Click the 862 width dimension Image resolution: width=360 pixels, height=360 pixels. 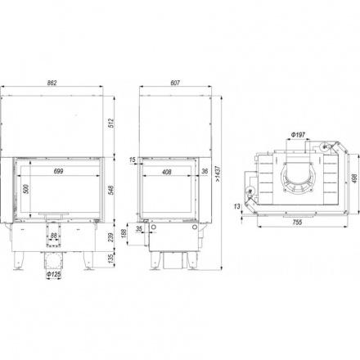pos(52,83)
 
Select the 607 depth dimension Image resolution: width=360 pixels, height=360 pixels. pos(175,83)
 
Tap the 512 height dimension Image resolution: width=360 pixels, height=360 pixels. pos(110,124)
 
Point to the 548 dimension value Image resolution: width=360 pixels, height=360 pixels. pos(110,191)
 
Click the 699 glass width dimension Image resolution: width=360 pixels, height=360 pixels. pos(58,171)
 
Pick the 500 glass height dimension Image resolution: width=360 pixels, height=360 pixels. pos(26,189)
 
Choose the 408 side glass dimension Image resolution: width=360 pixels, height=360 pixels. pos(167,172)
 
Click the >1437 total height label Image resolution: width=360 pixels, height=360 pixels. pos(218,173)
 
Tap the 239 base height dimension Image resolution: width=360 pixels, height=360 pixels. pos(110,237)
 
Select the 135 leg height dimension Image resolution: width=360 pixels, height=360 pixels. pos(110,259)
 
